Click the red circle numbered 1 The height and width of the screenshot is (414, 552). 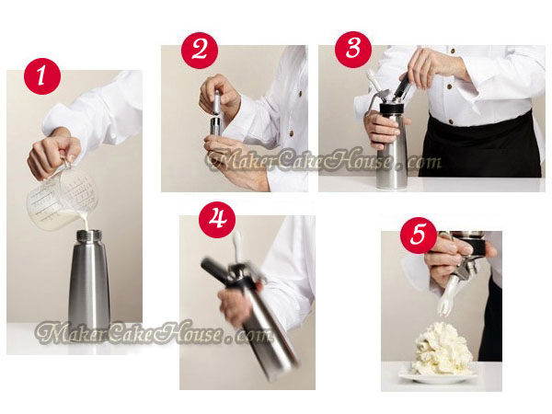pyautogui.click(x=42, y=76)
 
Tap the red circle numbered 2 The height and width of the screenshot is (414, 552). pyautogui.click(x=200, y=51)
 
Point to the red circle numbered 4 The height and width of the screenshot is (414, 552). pyautogui.click(x=217, y=220)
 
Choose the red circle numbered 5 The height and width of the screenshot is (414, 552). pyautogui.click(x=419, y=235)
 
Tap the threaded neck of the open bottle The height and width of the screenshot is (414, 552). pyautogui.click(x=89, y=236)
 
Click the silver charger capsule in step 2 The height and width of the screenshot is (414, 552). pyautogui.click(x=217, y=102)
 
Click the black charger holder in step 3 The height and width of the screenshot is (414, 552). pyautogui.click(x=401, y=87)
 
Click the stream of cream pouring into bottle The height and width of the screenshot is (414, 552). pyautogui.click(x=86, y=221)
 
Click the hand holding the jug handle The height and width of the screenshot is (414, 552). pyautogui.click(x=53, y=155)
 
